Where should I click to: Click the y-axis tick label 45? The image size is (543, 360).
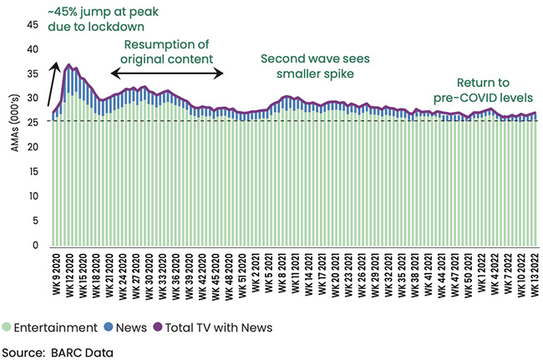pos(33,24)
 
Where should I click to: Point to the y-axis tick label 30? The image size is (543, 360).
pos(33,99)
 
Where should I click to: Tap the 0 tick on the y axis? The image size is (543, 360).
pos(36,246)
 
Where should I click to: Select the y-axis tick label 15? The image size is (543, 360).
pos(33,172)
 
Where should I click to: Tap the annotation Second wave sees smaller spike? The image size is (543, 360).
pos(319,66)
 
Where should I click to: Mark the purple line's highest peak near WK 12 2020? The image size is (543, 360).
pos(68,64)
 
